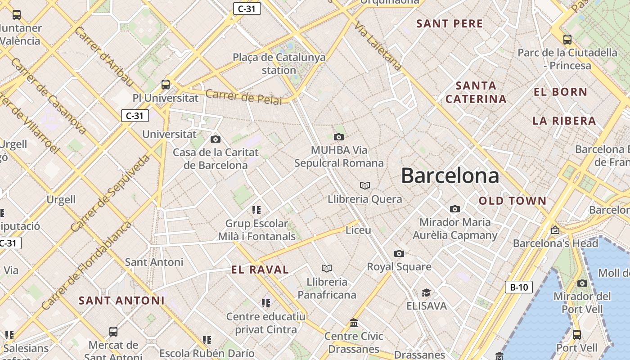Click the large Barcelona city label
pyautogui.click(x=450, y=175)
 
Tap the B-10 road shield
pyautogui.click(x=518, y=287)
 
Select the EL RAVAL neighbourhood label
pyautogui.click(x=260, y=270)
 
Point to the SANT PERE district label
pyautogui.click(x=449, y=24)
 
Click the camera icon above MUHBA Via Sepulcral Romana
pyautogui.click(x=339, y=137)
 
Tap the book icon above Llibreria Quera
pyautogui.click(x=365, y=185)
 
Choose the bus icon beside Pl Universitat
pyautogui.click(x=166, y=84)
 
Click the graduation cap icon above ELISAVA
pyautogui.click(x=426, y=293)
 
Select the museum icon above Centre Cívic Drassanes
pyautogui.click(x=354, y=323)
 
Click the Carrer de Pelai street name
pyautogui.click(x=243, y=97)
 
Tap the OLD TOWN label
pyautogui.click(x=512, y=201)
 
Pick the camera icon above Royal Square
pyautogui.click(x=399, y=253)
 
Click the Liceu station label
pyautogui.click(x=358, y=230)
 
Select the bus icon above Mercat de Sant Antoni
pyautogui.click(x=113, y=332)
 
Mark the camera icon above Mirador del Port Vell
pyautogui.click(x=582, y=283)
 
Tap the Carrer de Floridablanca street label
pyautogui.click(x=86, y=265)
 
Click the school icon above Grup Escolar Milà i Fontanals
pyautogui.click(x=256, y=210)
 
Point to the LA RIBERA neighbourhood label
pyautogui.click(x=564, y=121)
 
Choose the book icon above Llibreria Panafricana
pyautogui.click(x=327, y=268)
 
